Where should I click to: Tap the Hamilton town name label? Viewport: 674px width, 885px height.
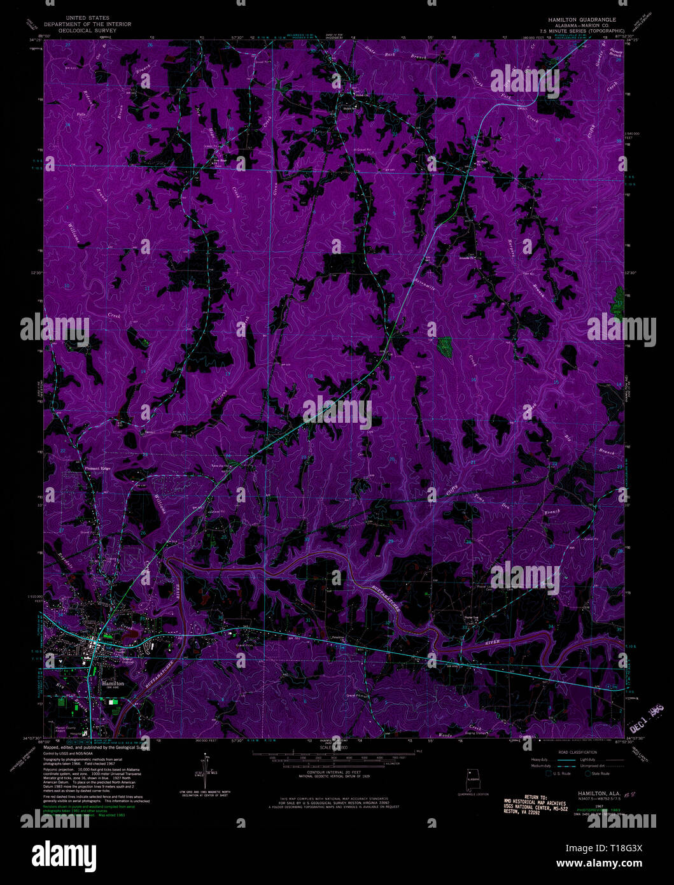(113, 683)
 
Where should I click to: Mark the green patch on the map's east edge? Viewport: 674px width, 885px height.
(618, 302)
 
